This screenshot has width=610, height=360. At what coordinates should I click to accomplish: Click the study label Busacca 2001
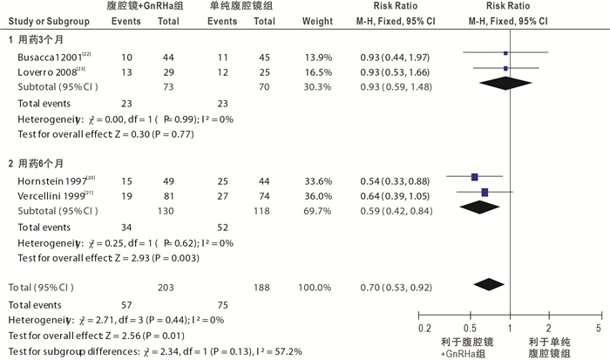41,55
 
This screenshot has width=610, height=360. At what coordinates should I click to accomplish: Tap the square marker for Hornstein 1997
475,178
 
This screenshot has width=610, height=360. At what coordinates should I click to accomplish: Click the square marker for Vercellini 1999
485,192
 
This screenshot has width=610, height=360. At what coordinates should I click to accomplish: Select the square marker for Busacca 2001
505,54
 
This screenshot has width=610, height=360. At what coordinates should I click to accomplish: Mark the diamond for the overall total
490,284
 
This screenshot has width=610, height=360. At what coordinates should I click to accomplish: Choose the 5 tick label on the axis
599,328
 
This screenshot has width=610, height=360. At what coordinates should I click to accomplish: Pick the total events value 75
220,305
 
